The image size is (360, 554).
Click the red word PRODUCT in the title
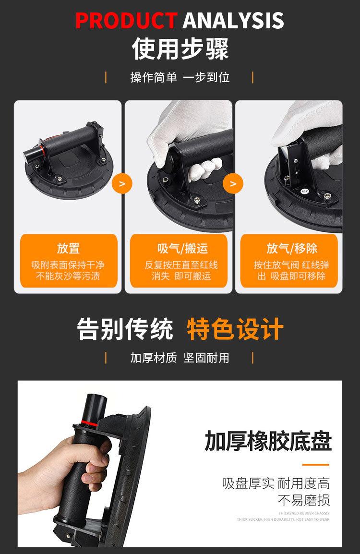(x=126, y=21)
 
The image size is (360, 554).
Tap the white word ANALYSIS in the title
(x=233, y=21)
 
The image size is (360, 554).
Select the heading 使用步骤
(x=180, y=48)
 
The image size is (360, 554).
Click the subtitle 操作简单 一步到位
(x=180, y=77)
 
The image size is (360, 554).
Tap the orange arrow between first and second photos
(x=122, y=184)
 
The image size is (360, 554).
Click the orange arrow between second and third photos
(x=233, y=184)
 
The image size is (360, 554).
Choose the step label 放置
(x=68, y=248)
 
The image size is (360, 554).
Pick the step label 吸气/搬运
(x=182, y=248)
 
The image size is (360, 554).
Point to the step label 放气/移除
(x=292, y=248)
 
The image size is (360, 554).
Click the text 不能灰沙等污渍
(x=68, y=276)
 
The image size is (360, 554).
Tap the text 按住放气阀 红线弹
(x=292, y=265)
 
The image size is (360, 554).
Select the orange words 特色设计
(x=235, y=329)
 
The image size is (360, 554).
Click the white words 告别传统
(x=125, y=329)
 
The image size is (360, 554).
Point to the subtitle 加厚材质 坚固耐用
(x=180, y=358)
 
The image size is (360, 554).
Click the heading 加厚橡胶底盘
(x=268, y=441)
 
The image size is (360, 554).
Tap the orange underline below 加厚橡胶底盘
(x=315, y=465)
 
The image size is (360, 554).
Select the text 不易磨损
(x=304, y=500)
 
